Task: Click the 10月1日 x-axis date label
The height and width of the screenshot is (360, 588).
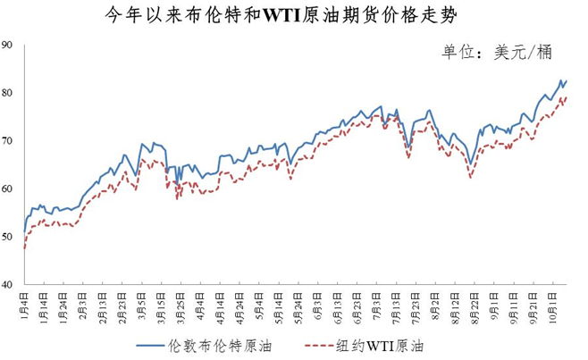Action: coord(551,301)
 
